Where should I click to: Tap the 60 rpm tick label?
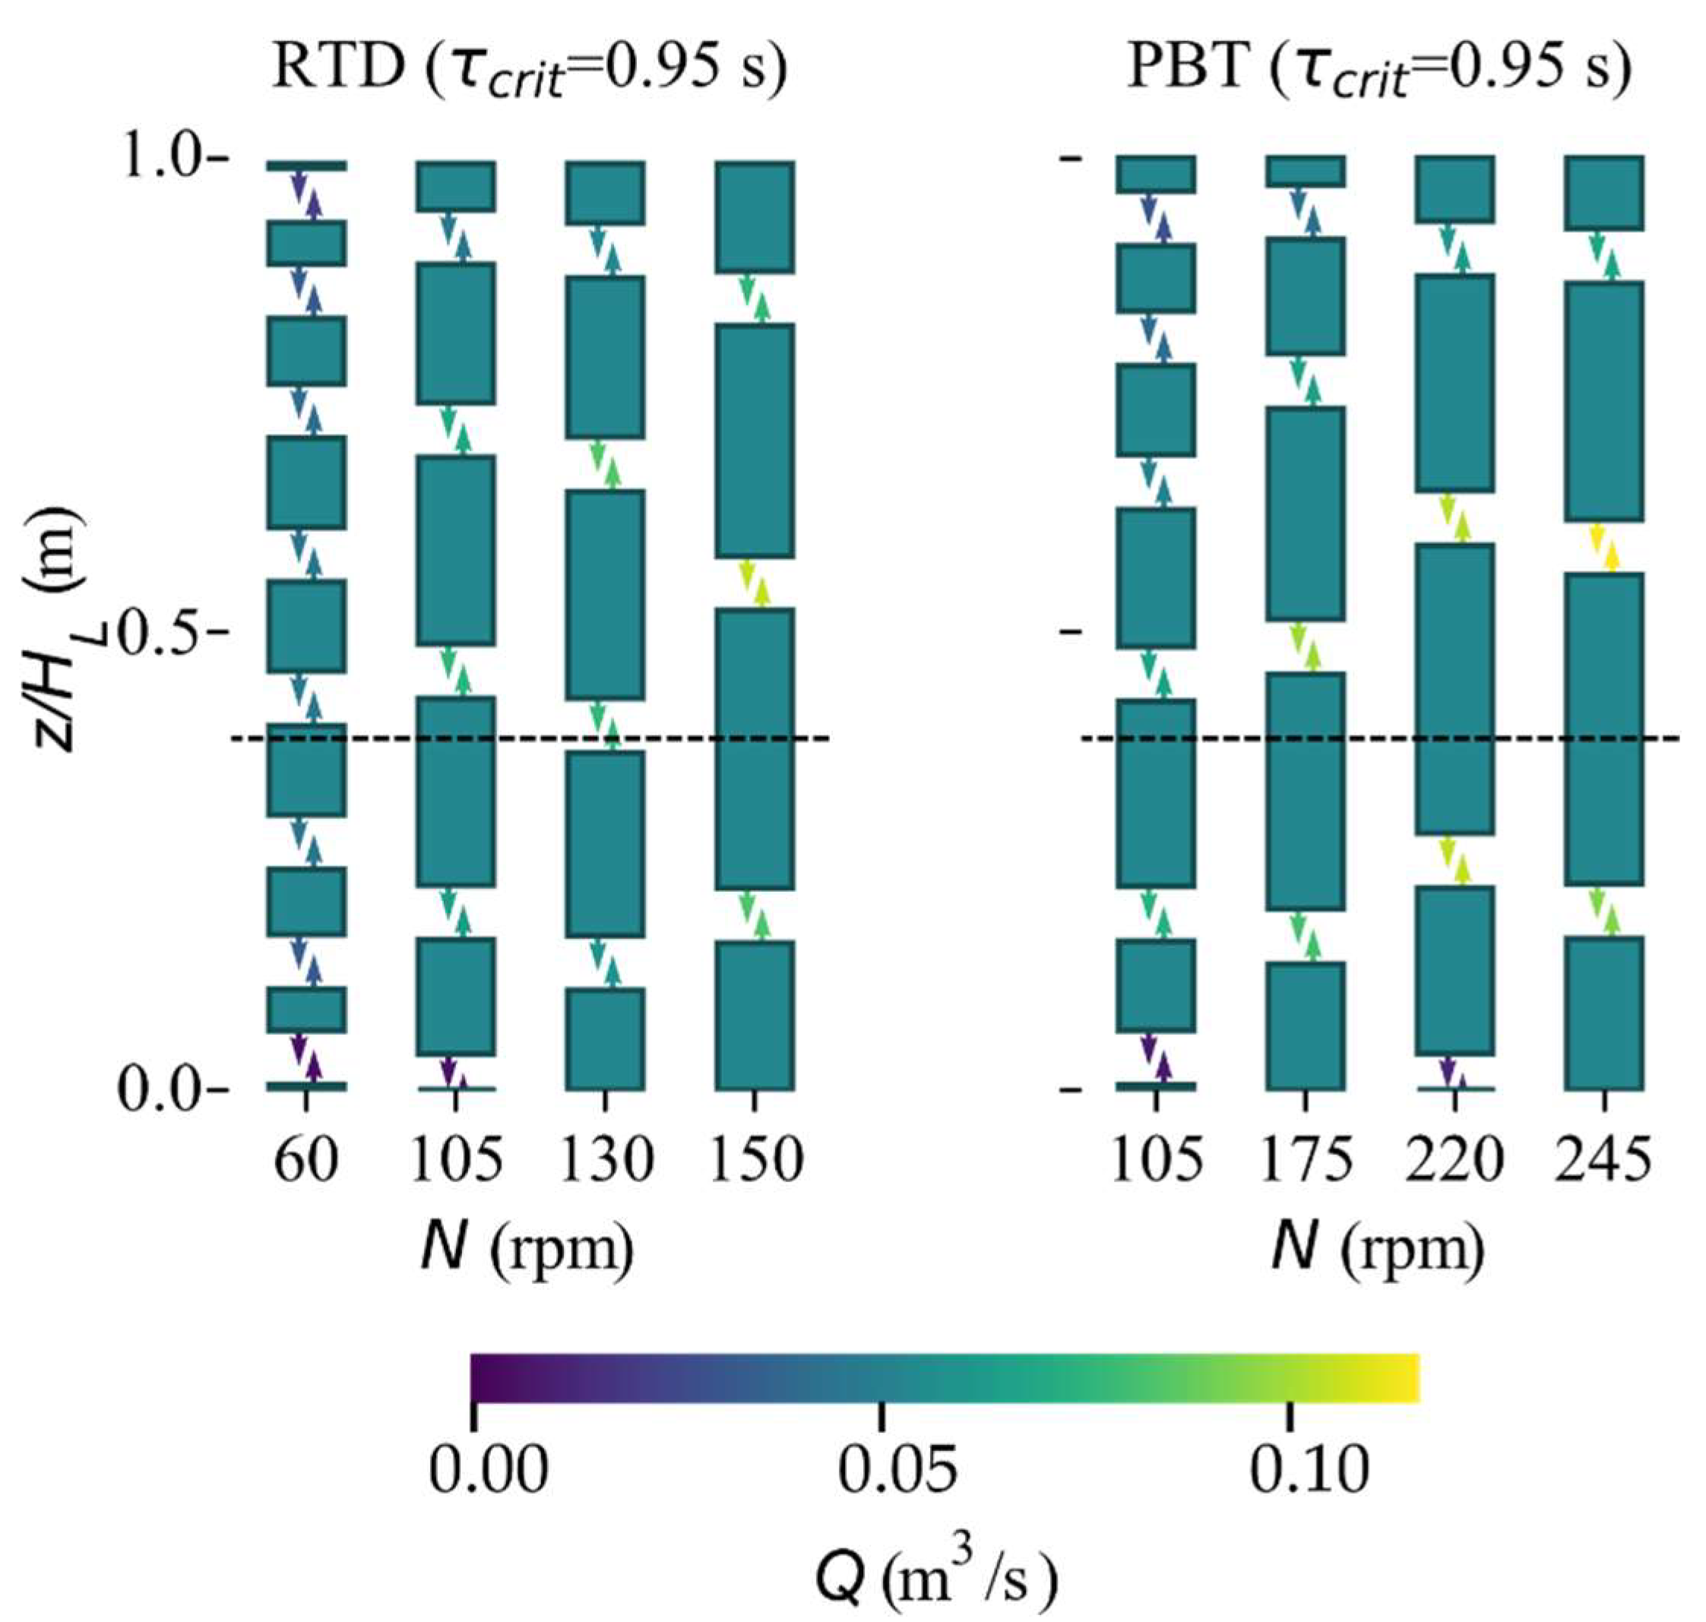[x=305, y=1159]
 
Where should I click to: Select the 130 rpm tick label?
[x=606, y=1159]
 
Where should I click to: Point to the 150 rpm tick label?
[x=755, y=1159]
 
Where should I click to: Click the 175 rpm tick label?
[x=1306, y=1159]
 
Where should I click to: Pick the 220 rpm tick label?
[x=1455, y=1159]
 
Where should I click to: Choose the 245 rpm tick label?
[x=1605, y=1159]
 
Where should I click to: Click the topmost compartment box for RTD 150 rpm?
[x=755, y=217]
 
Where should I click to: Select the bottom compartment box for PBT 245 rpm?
[x=1605, y=1012]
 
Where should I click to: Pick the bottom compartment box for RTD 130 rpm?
[x=606, y=1039]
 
